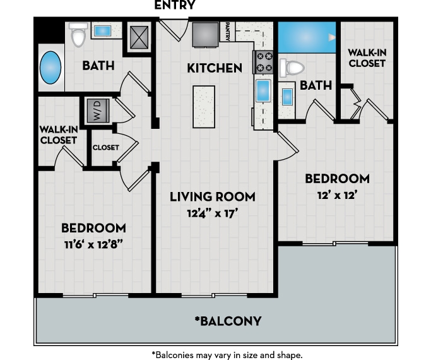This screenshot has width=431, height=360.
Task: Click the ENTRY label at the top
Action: (x=175, y=6)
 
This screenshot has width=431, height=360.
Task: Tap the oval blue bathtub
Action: (x=51, y=68)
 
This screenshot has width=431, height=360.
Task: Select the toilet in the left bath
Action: (x=78, y=35)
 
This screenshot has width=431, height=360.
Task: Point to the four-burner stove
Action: (x=263, y=63)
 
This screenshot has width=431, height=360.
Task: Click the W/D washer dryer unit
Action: (x=98, y=111)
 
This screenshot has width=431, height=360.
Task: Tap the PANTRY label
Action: (x=228, y=32)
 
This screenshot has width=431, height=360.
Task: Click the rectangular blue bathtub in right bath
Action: (x=307, y=38)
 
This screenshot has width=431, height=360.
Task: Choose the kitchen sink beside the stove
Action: (x=263, y=91)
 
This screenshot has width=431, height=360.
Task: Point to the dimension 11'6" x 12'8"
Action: (x=93, y=244)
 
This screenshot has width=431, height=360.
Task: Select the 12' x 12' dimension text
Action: (x=336, y=195)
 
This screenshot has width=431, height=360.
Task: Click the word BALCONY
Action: (x=228, y=321)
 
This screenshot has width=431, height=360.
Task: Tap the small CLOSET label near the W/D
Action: (x=105, y=147)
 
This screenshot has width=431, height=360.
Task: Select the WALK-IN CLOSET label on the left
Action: (x=59, y=135)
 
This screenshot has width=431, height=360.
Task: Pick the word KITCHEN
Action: (x=215, y=68)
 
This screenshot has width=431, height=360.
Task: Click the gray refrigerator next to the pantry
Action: (x=205, y=33)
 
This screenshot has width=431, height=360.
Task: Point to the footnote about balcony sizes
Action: (x=227, y=354)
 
